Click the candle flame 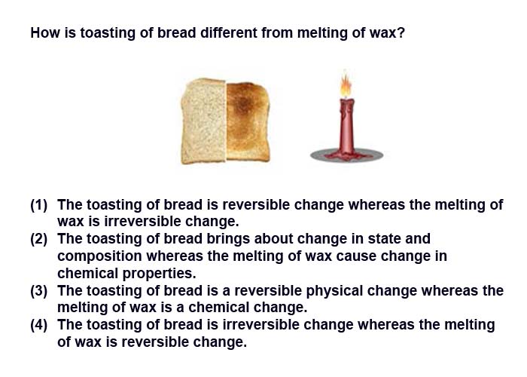[346, 84]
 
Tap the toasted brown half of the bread [248, 121]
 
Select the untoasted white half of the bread [203, 122]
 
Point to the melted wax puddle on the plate [346, 155]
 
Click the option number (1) [39, 205]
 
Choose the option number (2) [39, 239]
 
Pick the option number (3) [39, 291]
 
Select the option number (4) [39, 325]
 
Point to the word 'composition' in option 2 [99, 257]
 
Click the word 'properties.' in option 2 [159, 274]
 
